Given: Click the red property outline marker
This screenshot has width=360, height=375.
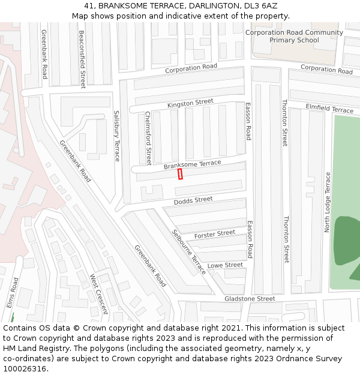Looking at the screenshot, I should pyautogui.click(x=180, y=174).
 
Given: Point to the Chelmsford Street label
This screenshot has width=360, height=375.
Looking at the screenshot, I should pyautogui.click(x=148, y=138).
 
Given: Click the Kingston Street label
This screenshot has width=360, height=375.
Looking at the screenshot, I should pyautogui.click(x=190, y=104).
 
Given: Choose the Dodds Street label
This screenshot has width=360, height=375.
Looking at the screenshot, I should pyautogui.click(x=193, y=200).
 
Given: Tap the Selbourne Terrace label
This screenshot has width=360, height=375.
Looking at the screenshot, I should pyautogui.click(x=188, y=252).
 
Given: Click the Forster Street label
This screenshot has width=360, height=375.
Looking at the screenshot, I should pyautogui.click(x=215, y=233).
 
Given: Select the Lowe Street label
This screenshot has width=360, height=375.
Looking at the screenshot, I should pyautogui.click(x=225, y=265).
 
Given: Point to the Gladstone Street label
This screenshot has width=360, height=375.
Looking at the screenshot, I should pyautogui.click(x=250, y=298).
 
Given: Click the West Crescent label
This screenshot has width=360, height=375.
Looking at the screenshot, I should pyautogui.click(x=98, y=294).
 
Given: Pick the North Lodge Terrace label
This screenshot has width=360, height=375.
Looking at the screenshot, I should pyautogui.click(x=328, y=202).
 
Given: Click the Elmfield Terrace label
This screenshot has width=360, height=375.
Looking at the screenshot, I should pyautogui.click(x=329, y=109).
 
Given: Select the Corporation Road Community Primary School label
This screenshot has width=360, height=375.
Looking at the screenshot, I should pyautogui.click(x=294, y=37).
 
